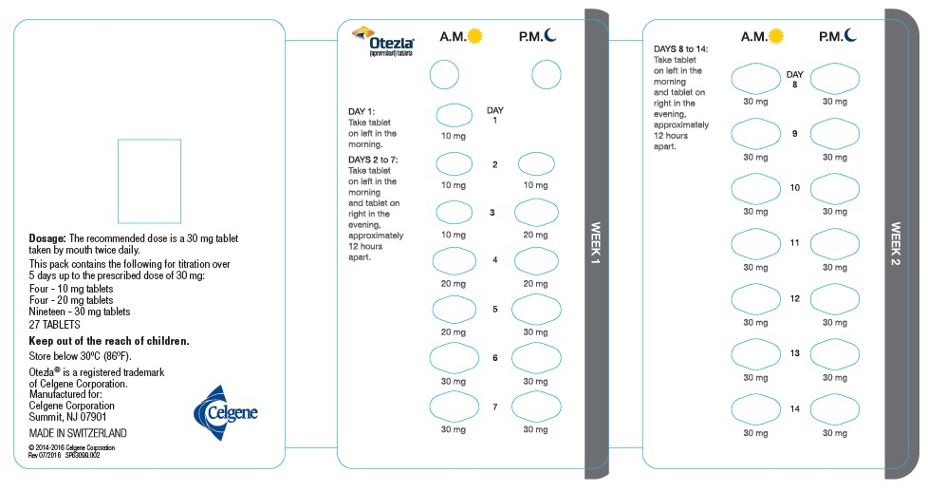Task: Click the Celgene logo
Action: (x=225, y=412)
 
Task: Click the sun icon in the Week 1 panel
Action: (x=475, y=36)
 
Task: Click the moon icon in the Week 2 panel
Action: (x=851, y=36)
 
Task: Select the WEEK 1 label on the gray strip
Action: (x=596, y=244)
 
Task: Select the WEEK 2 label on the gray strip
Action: (x=897, y=244)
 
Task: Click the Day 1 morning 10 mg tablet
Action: (x=455, y=116)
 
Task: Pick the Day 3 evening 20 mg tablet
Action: (x=536, y=212)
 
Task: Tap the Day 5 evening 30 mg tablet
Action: (x=536, y=309)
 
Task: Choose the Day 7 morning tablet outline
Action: (x=455, y=406)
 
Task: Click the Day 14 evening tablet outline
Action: (x=835, y=409)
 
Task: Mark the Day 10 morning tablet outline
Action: (x=755, y=188)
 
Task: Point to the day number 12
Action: (x=795, y=298)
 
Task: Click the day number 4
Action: (x=494, y=260)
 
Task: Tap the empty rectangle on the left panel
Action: (x=149, y=180)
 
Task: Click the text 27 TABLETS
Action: (x=54, y=324)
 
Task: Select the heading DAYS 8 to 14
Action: (x=680, y=47)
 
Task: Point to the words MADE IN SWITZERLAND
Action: (x=78, y=433)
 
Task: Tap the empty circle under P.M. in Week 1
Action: (x=546, y=74)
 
